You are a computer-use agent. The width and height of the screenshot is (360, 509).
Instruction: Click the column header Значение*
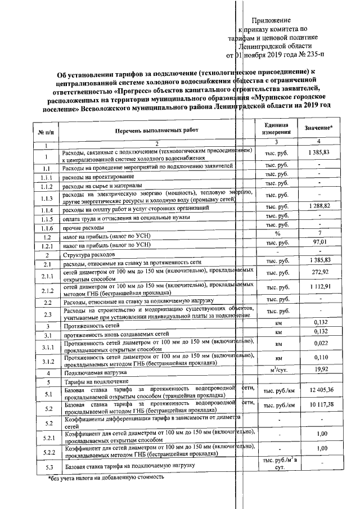click(318, 128)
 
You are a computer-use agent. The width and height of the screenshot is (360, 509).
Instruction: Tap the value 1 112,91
click(318, 289)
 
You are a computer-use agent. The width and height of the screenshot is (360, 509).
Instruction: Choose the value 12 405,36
click(318, 390)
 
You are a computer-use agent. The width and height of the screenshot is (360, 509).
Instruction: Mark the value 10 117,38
click(318, 405)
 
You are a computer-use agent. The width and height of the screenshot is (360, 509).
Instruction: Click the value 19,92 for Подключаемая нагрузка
click(318, 371)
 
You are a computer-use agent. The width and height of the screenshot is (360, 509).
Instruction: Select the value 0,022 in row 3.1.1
click(318, 344)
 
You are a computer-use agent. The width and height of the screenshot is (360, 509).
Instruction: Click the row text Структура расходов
click(87, 255)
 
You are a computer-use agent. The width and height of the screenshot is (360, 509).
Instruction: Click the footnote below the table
click(107, 478)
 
